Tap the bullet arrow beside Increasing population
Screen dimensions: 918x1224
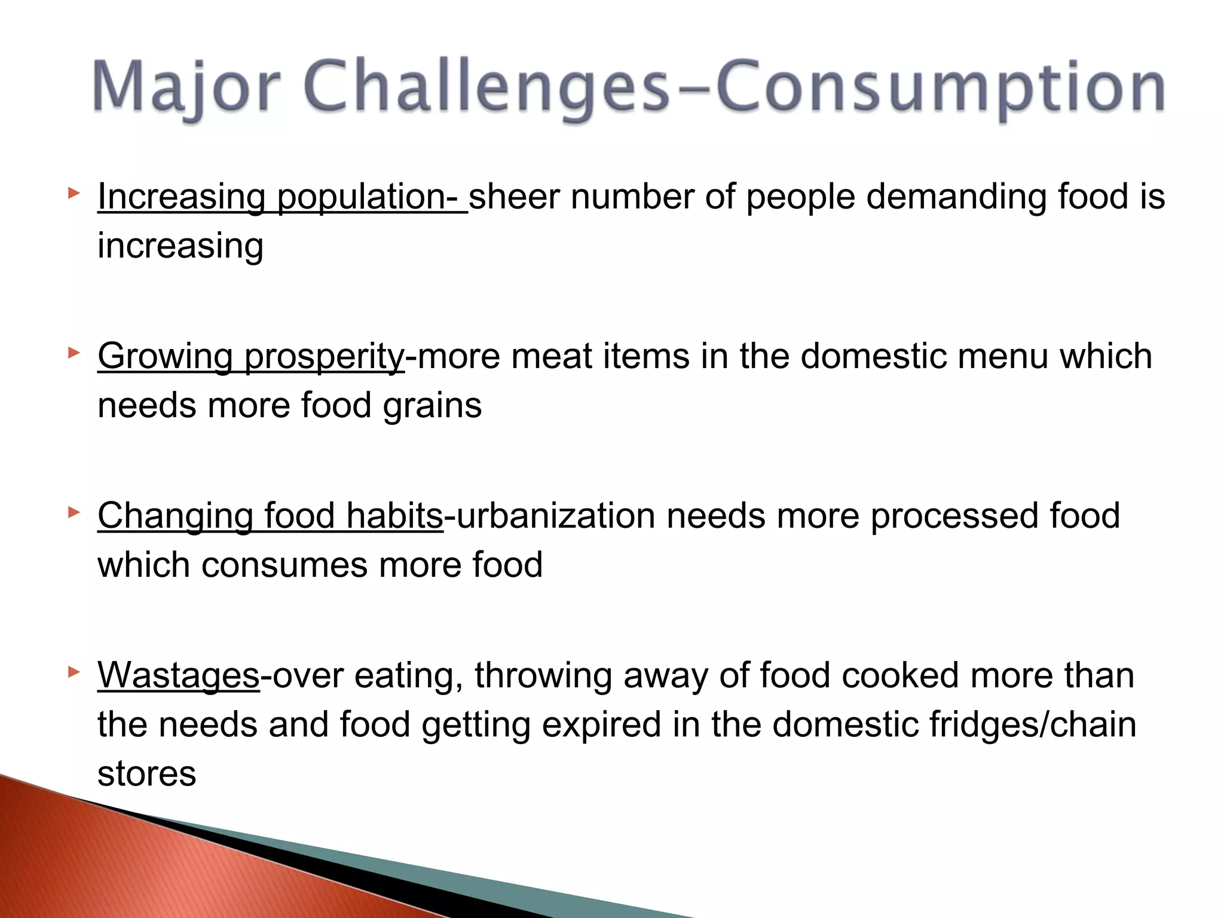(74, 193)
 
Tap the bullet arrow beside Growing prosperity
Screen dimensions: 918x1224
(74, 353)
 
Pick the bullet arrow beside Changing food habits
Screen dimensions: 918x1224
(74, 512)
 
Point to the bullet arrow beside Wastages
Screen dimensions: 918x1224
(74, 672)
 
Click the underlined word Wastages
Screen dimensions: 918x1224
(178, 676)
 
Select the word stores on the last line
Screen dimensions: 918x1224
(146, 774)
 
